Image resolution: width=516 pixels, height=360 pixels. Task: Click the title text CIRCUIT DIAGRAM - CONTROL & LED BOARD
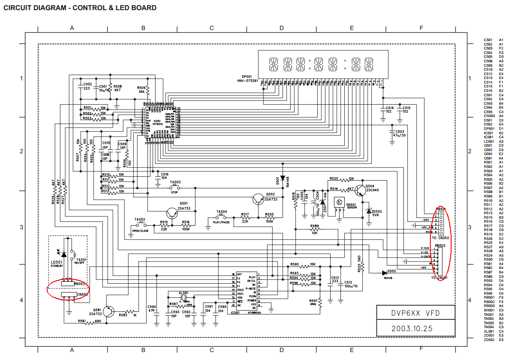point(80,8)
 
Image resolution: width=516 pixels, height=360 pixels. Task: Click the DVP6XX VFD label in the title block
point(416,314)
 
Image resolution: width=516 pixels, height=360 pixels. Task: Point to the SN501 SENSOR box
point(339,203)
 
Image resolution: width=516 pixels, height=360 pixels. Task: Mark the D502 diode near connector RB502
point(384,273)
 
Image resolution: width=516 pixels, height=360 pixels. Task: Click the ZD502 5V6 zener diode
point(369,212)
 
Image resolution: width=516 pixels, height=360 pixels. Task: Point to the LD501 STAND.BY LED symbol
point(64,254)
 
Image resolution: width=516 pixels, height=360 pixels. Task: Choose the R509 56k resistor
point(148,91)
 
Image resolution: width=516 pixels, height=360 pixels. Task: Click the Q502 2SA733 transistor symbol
point(257,199)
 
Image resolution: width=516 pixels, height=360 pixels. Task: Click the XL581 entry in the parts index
point(488,331)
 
